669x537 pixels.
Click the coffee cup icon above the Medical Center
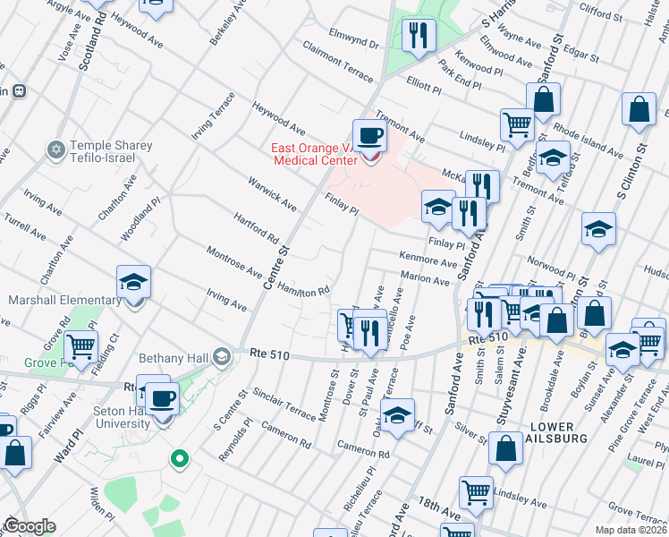(x=368, y=136)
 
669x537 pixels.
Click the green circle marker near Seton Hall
(x=180, y=460)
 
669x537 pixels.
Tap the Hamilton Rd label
(x=303, y=286)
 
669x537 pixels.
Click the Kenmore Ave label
(x=428, y=260)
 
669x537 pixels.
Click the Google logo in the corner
(x=30, y=526)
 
